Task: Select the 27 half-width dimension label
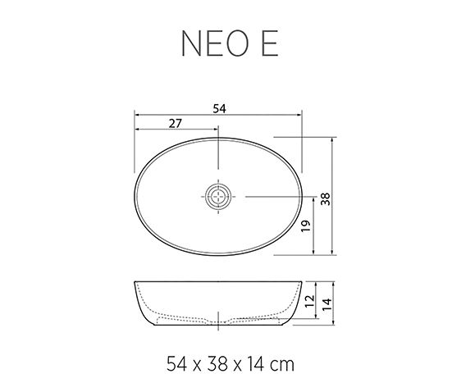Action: point(175,123)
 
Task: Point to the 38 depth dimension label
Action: point(325,198)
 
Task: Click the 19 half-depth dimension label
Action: point(304,227)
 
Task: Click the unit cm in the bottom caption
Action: point(282,361)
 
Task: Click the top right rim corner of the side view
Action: point(305,283)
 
